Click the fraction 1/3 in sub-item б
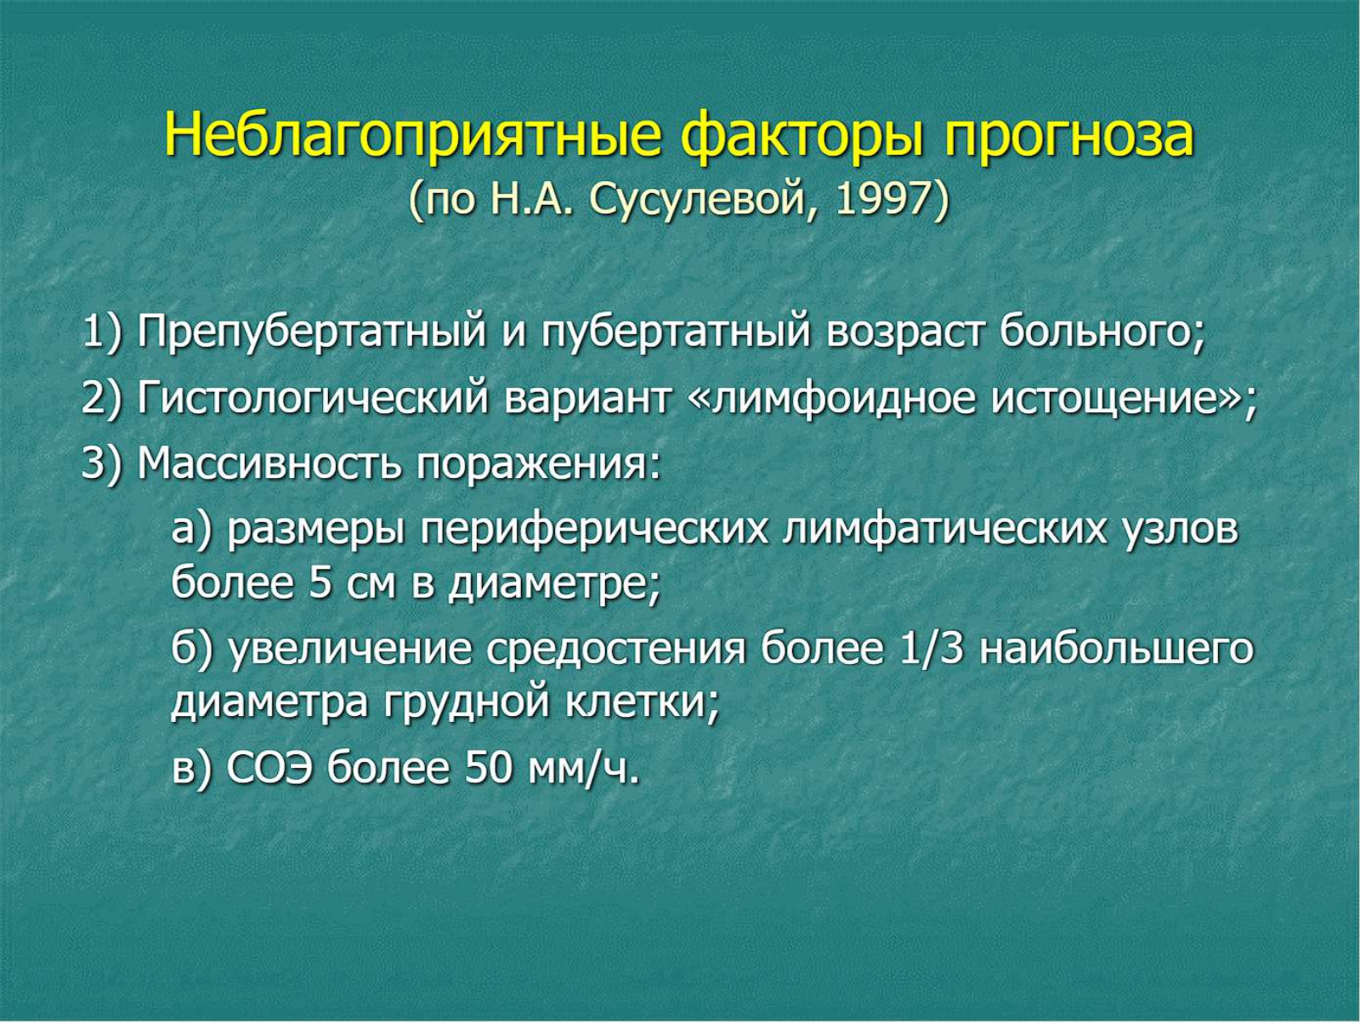pos(932,651)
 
